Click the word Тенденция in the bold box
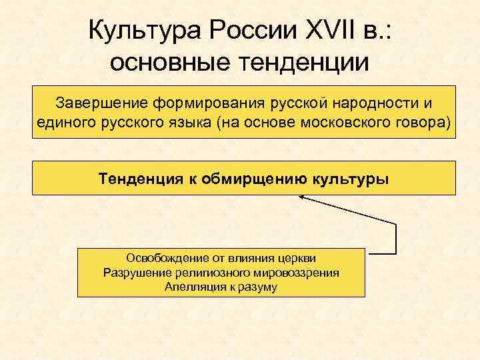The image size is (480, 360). point(139,178)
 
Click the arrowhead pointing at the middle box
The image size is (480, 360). point(302,197)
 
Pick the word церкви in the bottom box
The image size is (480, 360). point(298,258)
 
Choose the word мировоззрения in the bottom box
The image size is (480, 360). point(299,273)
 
